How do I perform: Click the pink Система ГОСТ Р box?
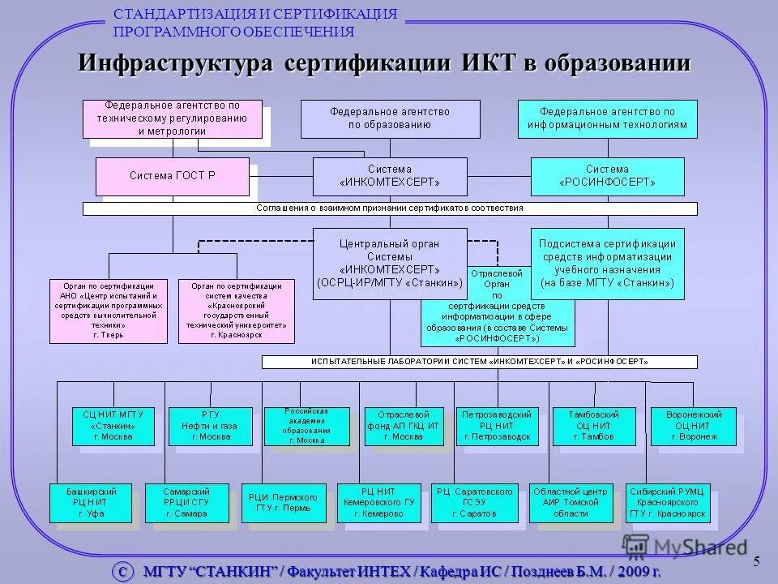click(173, 176)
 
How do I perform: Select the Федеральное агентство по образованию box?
click(390, 118)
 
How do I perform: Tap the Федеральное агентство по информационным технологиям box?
click(607, 118)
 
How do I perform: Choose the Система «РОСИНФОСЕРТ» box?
click(607, 176)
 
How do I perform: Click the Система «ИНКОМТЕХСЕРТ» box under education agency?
click(390, 176)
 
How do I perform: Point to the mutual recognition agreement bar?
click(390, 208)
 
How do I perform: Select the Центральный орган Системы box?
click(390, 261)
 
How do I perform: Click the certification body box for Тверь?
click(109, 311)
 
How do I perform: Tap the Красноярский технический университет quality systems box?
click(237, 311)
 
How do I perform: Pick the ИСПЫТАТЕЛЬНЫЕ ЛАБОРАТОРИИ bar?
click(479, 361)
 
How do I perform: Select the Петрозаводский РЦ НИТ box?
click(496, 426)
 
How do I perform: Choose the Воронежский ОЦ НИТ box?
click(694, 426)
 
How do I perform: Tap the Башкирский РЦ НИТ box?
click(92, 503)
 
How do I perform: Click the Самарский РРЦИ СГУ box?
click(187, 503)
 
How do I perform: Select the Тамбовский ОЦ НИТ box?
click(593, 426)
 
